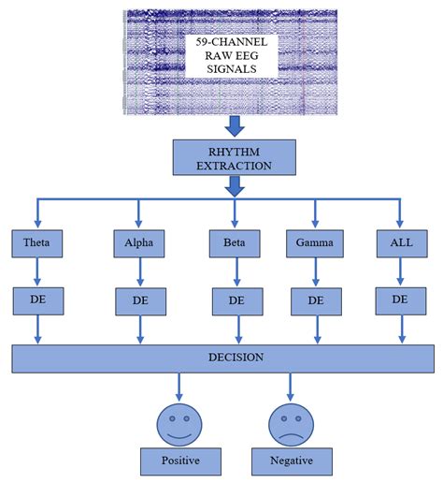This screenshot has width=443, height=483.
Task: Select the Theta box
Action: (36, 246)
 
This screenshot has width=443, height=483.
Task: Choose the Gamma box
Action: (315, 246)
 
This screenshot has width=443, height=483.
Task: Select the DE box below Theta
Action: (36, 301)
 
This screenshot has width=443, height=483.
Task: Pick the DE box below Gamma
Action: (315, 301)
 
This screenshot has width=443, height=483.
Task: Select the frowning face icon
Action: (290, 422)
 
